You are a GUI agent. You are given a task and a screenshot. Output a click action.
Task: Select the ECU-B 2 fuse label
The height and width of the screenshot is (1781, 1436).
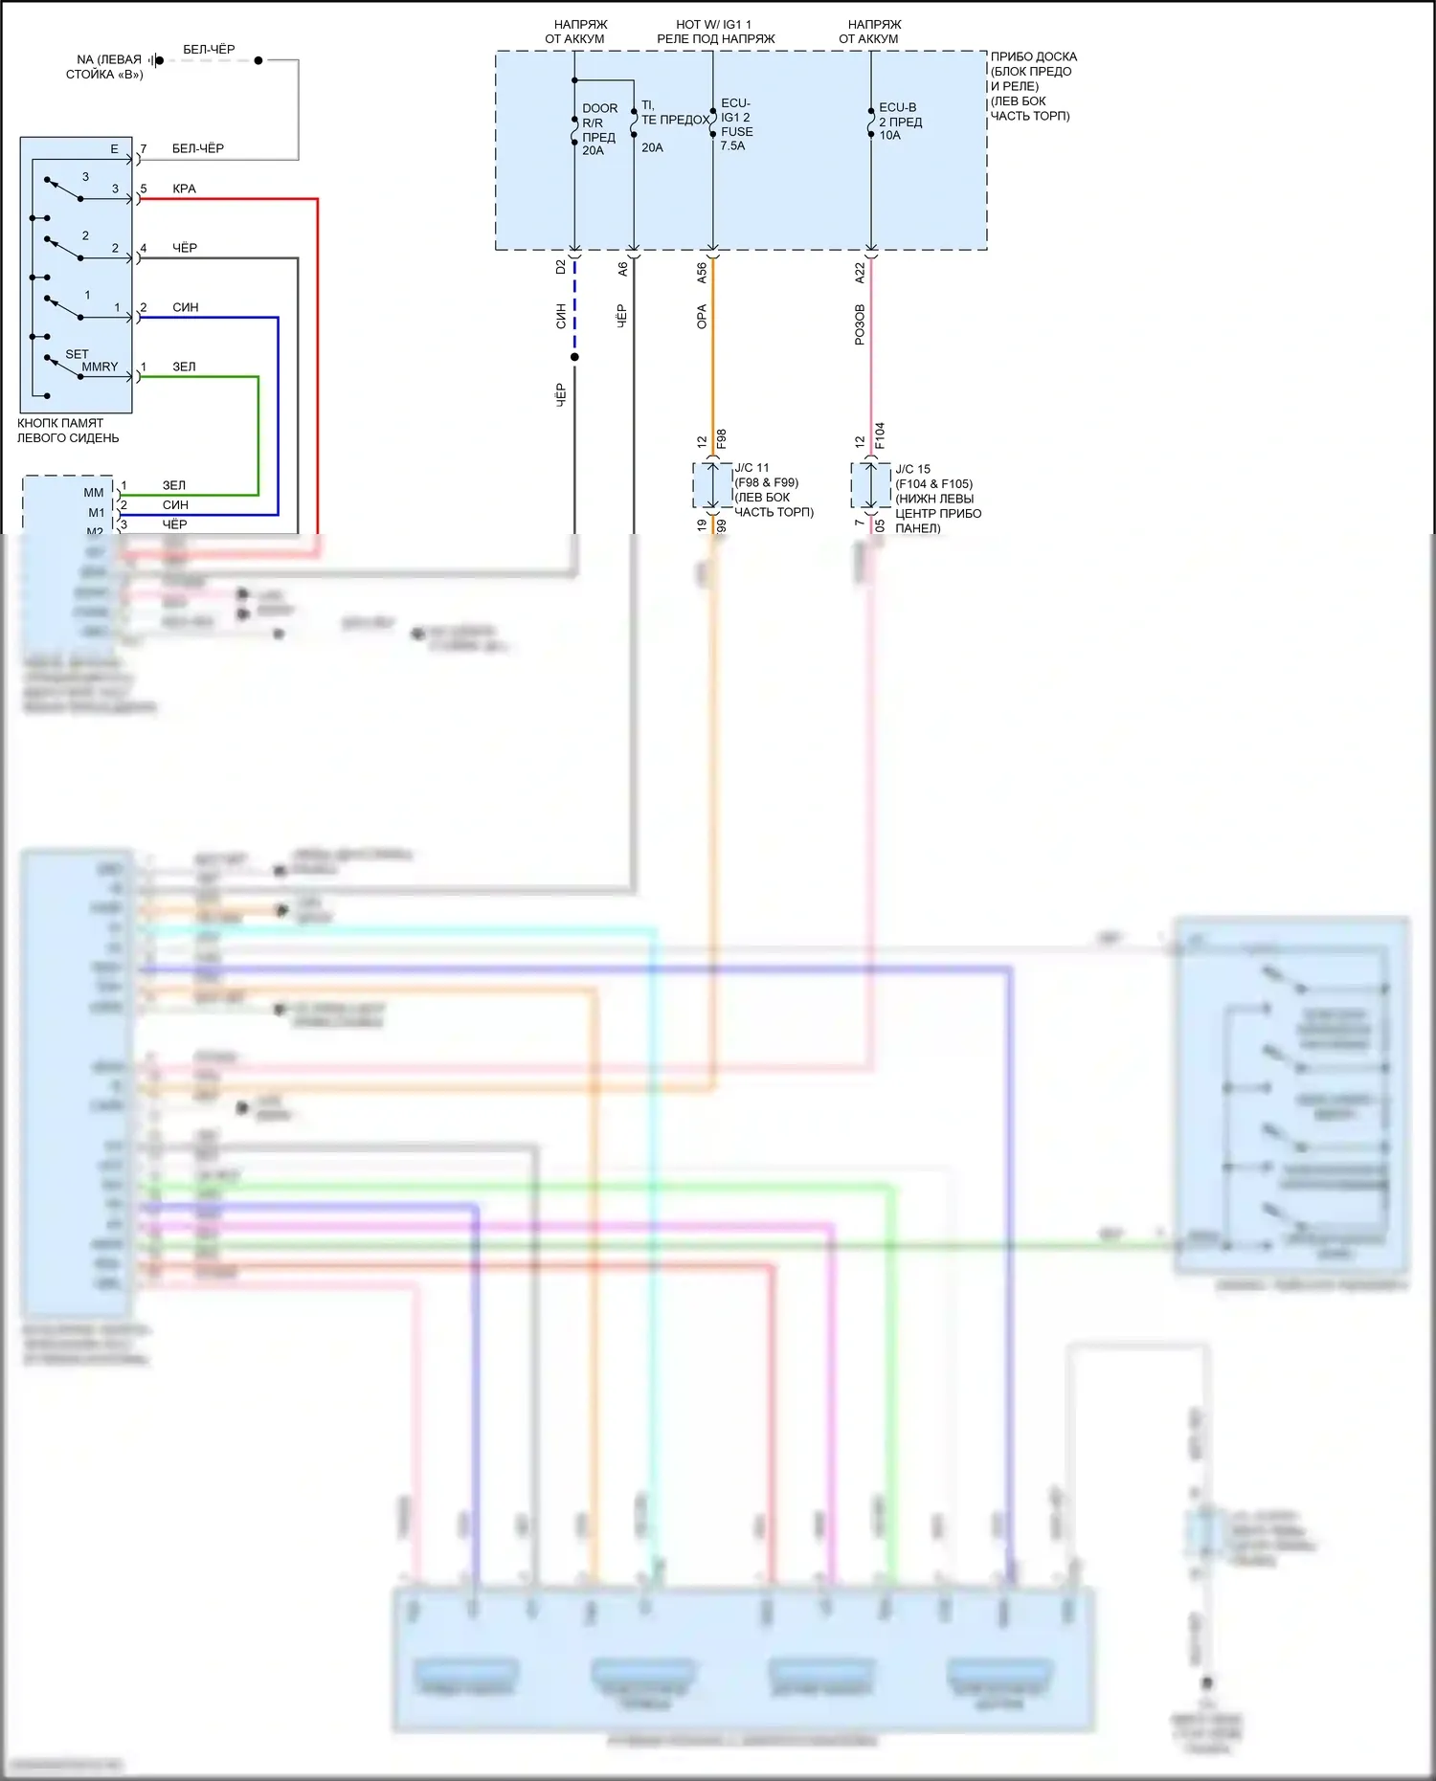(x=900, y=122)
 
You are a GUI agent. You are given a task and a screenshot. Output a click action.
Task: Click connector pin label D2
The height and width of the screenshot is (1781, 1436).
(x=561, y=267)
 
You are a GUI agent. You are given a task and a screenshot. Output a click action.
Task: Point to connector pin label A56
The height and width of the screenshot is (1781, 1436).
(x=702, y=272)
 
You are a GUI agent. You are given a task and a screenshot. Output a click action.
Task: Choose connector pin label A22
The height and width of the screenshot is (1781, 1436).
(x=860, y=272)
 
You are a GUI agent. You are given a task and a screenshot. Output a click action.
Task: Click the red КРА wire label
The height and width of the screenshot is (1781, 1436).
(x=184, y=189)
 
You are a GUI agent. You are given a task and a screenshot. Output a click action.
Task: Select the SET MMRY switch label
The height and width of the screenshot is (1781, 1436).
(x=91, y=360)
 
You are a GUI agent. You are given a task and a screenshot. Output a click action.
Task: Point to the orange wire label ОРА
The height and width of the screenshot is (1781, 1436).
(x=702, y=317)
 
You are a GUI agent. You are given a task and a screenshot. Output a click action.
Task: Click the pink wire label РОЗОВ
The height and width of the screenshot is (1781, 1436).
(x=860, y=324)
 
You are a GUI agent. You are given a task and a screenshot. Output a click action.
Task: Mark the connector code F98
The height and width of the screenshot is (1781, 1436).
(x=722, y=439)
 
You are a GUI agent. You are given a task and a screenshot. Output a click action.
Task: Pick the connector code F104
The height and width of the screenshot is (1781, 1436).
(x=880, y=435)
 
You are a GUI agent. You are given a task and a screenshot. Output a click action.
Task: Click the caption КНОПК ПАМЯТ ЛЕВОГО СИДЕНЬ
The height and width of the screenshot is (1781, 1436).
(x=67, y=431)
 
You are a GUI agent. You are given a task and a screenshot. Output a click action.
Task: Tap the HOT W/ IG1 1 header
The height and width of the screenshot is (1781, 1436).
(x=715, y=32)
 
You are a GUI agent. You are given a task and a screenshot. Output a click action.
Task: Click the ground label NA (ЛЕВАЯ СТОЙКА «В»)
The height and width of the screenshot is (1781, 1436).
(x=105, y=67)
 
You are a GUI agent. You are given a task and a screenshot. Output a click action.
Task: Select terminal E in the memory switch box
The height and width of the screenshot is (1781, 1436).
(x=114, y=149)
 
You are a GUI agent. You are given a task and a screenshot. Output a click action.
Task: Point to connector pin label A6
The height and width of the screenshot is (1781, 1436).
(x=622, y=269)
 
